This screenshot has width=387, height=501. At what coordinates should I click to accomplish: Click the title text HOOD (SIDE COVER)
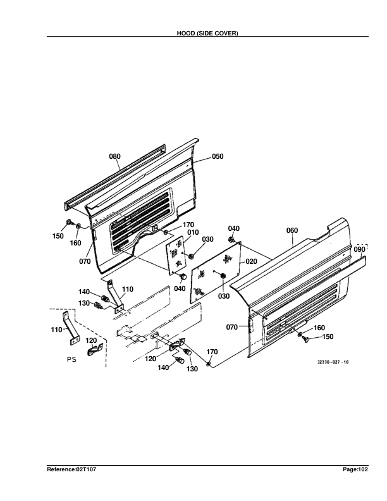(x=207, y=33)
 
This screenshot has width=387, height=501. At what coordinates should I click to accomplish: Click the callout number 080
(x=115, y=156)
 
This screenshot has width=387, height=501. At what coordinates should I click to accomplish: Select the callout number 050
(x=218, y=156)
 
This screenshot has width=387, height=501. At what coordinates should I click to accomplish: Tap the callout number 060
(x=292, y=231)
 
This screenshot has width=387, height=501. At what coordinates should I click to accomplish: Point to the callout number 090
(x=359, y=250)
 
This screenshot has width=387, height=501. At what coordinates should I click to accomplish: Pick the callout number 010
(x=193, y=233)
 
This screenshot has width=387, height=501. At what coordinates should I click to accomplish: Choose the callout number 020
(x=251, y=261)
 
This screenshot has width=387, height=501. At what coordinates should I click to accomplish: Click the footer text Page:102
(x=354, y=470)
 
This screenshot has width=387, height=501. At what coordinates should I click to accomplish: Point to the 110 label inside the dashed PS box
(x=56, y=329)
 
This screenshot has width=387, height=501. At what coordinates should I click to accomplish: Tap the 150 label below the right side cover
(x=328, y=337)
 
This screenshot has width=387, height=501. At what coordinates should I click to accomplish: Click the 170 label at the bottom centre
(x=212, y=352)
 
